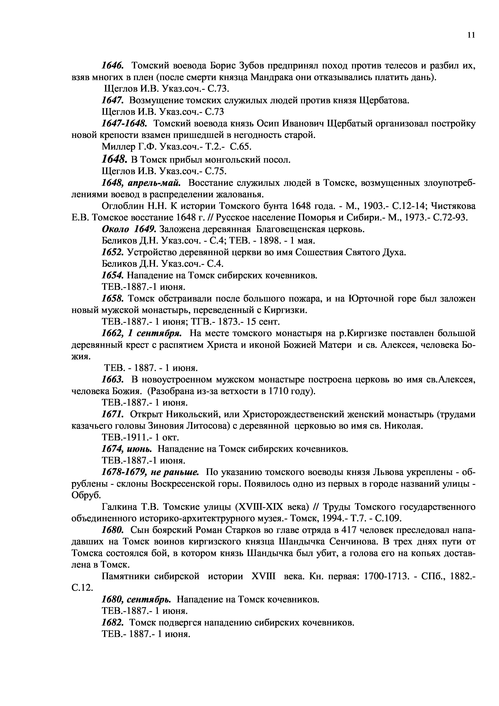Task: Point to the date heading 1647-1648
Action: click(124, 123)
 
